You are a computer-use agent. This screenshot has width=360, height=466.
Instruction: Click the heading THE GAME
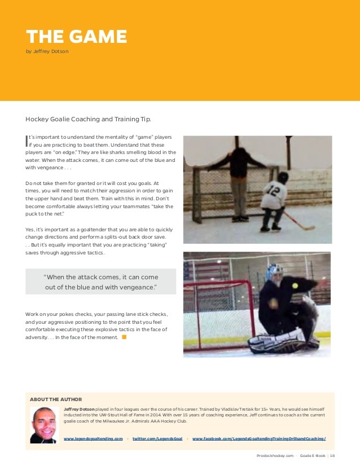pyautogui.click(x=76, y=37)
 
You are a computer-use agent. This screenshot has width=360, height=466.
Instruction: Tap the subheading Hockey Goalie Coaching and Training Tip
pyautogui.click(x=89, y=119)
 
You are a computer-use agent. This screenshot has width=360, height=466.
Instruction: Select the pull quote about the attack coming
pyautogui.click(x=100, y=282)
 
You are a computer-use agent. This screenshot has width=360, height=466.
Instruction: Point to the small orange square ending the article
pyautogui.click(x=124, y=337)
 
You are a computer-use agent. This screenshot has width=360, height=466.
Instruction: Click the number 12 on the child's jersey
pyautogui.click(x=274, y=190)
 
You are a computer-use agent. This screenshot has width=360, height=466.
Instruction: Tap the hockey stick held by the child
pyautogui.click(x=298, y=221)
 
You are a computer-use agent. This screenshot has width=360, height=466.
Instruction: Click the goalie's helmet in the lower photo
pyautogui.click(x=275, y=274)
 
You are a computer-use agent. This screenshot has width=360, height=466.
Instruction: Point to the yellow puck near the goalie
pyautogui.click(x=295, y=286)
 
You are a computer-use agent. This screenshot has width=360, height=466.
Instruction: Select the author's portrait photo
pyautogui.click(x=44, y=424)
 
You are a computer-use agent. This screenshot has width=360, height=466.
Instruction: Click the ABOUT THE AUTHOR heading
pyautogui.click(x=56, y=399)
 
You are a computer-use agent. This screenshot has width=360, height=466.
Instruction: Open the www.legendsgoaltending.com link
pyautogui.click(x=93, y=438)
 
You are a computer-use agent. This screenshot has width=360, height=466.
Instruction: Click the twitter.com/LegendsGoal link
pyautogui.click(x=157, y=438)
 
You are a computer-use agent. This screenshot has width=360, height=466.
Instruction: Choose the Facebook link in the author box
pyautogui.click(x=259, y=438)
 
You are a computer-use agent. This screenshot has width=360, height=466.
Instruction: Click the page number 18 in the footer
pyautogui.click(x=332, y=455)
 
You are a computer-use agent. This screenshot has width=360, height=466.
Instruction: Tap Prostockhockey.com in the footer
pyautogui.click(x=275, y=455)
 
